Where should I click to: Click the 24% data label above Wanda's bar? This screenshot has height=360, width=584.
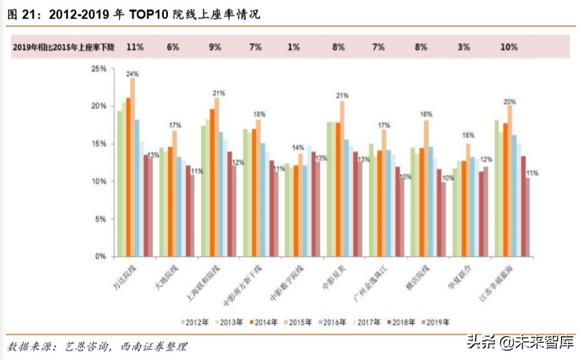[132, 73]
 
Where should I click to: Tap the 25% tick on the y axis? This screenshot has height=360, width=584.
[98, 69]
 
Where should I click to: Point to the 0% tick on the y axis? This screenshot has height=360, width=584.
[100, 256]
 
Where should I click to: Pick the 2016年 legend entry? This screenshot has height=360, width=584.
[333, 322]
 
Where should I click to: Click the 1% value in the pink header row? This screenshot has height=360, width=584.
[294, 47]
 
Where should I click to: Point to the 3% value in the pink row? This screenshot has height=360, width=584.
[464, 47]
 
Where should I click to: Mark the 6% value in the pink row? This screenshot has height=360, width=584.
[173, 47]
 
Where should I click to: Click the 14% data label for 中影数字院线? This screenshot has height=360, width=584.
[298, 147]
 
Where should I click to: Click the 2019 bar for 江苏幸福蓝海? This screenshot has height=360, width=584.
[528, 216]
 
